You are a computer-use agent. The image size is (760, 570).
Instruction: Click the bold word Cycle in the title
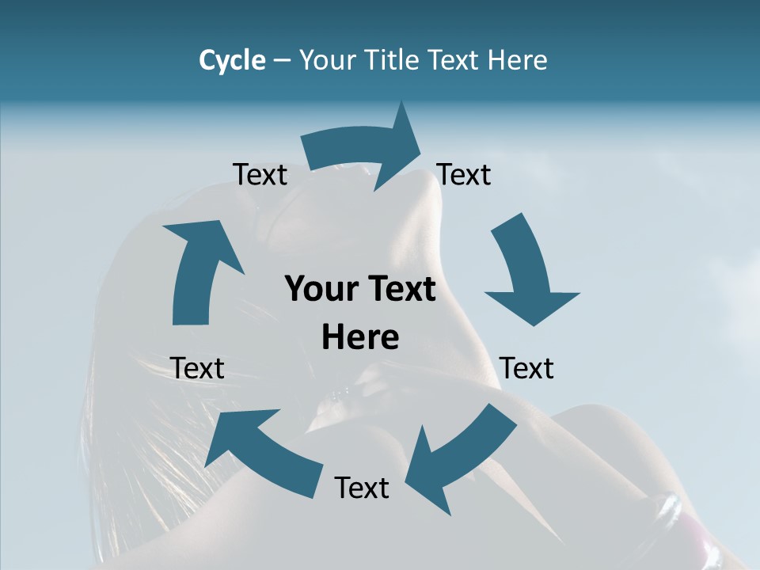232,60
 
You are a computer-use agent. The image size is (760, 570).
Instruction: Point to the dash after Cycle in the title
282,61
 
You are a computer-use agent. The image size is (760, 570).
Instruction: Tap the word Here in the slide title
518,60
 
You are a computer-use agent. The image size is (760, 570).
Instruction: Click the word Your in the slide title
328,60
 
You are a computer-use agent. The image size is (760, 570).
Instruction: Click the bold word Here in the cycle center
360,337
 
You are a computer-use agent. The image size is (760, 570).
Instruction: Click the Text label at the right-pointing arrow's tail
260,174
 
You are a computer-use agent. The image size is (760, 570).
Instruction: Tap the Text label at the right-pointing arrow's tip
464,174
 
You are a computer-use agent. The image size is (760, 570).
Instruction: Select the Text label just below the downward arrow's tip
527,368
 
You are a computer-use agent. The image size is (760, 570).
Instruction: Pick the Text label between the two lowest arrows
362,488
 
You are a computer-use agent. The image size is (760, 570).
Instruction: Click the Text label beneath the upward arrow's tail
197,368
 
